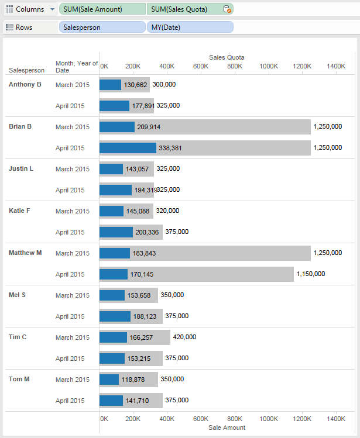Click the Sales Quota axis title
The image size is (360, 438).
(227, 57)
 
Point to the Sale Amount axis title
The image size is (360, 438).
(227, 427)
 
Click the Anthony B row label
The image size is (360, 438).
(25, 84)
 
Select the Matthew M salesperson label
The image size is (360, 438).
(25, 253)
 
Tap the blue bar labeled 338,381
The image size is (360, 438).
(128, 148)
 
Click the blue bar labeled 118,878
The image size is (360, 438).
(109, 380)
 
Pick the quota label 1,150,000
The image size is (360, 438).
(310, 274)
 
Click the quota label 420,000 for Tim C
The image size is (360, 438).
(184, 337)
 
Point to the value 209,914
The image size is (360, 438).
(149, 127)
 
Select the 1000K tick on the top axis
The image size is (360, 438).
(269, 66)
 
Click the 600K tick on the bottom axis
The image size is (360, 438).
(201, 419)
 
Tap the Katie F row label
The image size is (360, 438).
(21, 211)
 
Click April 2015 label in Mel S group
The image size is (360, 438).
(70, 316)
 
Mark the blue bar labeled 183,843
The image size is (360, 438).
(115, 253)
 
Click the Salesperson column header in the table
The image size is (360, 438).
(26, 70)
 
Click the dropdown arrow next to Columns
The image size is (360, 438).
(52, 9)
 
